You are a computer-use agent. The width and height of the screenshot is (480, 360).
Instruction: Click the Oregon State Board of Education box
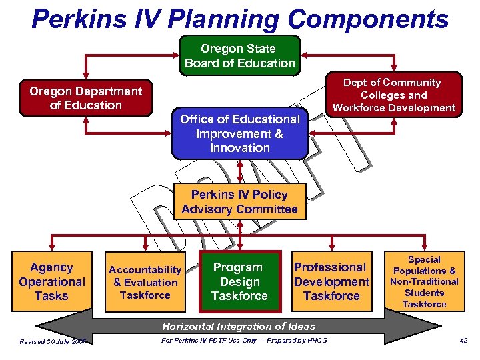tap(239, 56)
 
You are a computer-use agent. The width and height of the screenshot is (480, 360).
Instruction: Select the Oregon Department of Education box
tap(85, 99)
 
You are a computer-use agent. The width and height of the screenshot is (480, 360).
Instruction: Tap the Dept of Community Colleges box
tap(393, 95)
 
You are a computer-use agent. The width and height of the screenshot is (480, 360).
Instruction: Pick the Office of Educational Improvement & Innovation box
tap(239, 133)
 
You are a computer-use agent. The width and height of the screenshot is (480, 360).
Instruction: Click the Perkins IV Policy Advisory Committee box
tap(239, 202)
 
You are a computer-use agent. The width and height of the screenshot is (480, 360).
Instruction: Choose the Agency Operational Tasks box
tap(51, 281)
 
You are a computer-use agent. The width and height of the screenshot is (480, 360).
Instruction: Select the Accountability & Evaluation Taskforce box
tap(145, 281)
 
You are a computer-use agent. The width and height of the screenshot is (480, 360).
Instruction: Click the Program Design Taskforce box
tap(239, 281)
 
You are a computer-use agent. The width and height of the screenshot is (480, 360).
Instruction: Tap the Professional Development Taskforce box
tap(331, 281)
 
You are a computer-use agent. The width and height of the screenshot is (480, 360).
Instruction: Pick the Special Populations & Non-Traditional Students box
tap(424, 281)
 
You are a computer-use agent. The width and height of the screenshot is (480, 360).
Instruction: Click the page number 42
tap(463, 342)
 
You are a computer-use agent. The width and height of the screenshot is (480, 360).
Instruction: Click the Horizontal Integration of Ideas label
tap(239, 326)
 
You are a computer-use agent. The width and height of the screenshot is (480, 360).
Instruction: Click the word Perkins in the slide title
tap(79, 20)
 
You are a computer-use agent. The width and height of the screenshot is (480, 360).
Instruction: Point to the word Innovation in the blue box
tap(239, 148)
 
